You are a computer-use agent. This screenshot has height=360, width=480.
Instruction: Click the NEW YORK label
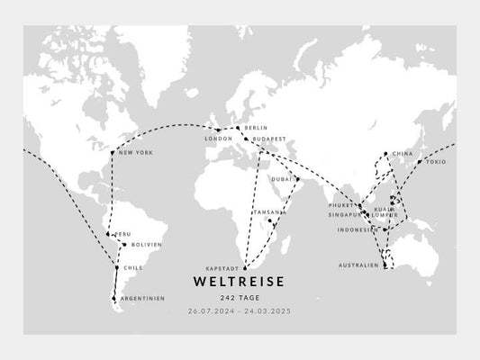(136, 152)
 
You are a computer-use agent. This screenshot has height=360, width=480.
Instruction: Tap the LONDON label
(219, 139)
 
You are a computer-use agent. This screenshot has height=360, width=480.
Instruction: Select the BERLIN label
(256, 129)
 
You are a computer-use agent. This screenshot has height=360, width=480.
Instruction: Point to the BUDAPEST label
(269, 139)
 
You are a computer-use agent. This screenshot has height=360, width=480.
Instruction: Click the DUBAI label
(283, 178)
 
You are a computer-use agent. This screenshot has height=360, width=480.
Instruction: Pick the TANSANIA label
(269, 211)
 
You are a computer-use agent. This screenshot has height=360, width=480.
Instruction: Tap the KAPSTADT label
(222, 268)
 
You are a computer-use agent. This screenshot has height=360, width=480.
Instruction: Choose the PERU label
(122, 234)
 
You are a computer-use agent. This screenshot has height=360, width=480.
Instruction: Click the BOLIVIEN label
(146, 244)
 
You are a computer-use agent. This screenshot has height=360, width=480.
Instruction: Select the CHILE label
(132, 267)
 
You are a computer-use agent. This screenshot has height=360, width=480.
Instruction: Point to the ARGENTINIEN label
(143, 298)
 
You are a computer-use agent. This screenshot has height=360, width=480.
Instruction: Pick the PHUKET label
(343, 205)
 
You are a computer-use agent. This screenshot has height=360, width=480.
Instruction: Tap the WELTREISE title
(240, 282)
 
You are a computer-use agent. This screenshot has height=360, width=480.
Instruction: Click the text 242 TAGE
(240, 298)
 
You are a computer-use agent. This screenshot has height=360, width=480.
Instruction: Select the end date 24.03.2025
(271, 310)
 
